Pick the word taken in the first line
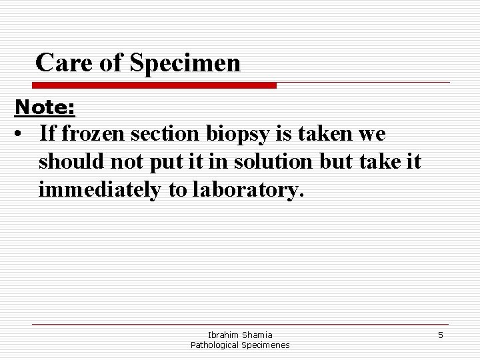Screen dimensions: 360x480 click(319, 134)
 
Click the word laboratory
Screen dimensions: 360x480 click(247, 191)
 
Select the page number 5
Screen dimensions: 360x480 click(440, 335)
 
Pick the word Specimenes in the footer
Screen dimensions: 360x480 click(266, 345)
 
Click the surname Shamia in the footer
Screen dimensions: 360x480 click(257, 335)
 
